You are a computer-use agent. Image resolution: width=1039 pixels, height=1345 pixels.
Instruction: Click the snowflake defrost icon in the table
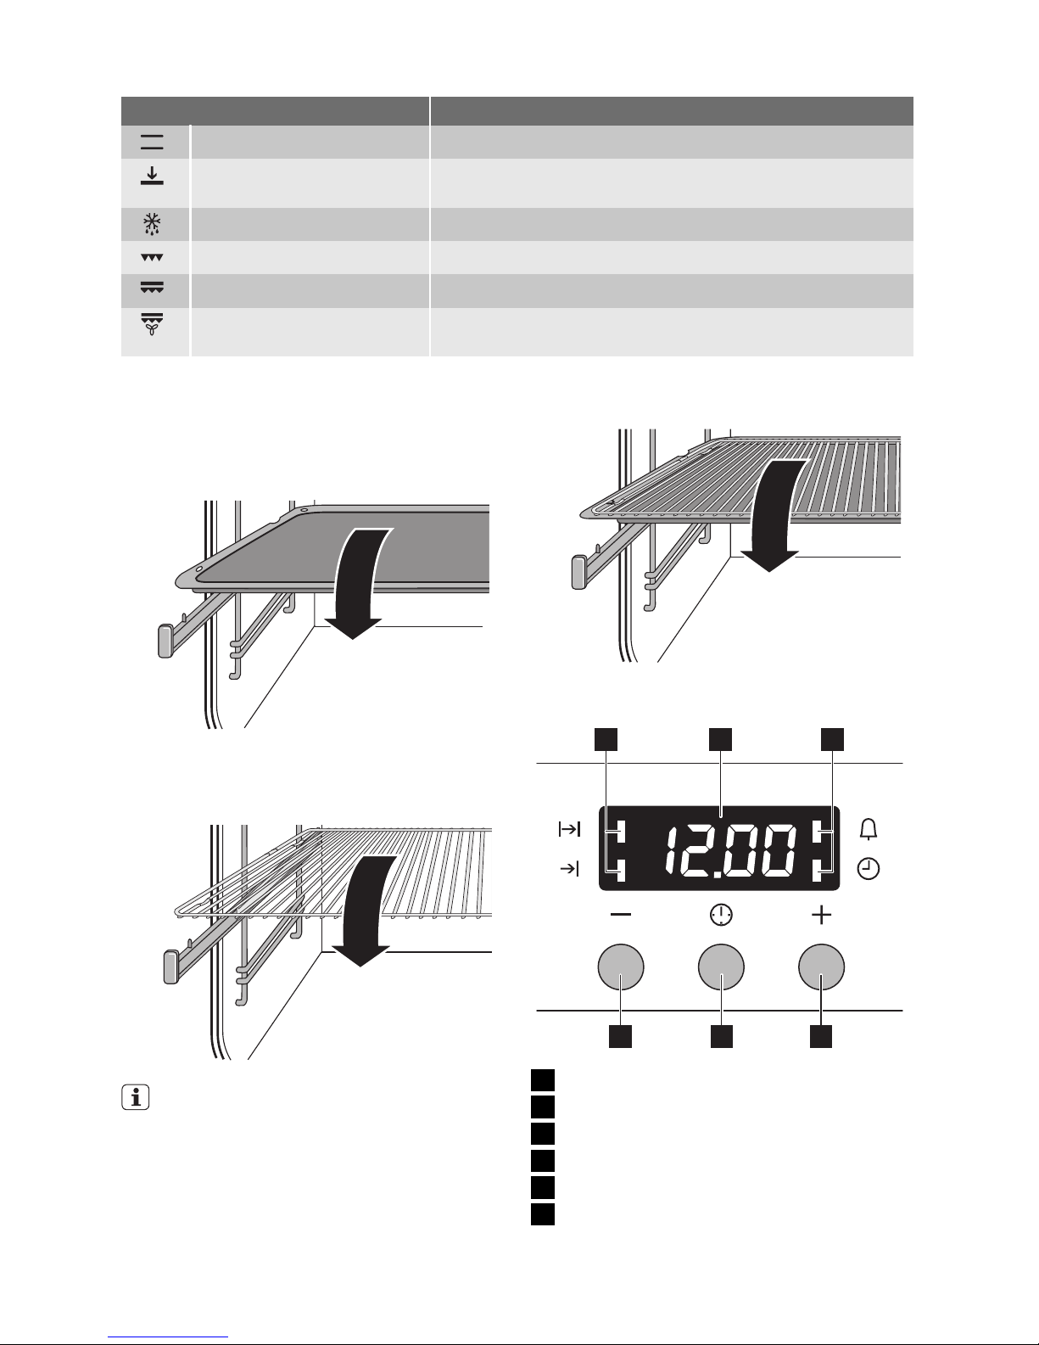pos(152,224)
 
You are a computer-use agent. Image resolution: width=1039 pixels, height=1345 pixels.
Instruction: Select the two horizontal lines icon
pos(152,142)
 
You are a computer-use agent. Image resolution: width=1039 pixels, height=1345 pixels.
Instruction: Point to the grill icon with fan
pos(152,323)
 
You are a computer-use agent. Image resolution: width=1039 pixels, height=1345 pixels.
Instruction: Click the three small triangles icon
pos(152,257)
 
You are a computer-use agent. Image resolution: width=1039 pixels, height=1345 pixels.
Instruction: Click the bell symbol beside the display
pos(869,829)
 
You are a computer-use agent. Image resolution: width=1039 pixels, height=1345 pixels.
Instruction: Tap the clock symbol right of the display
pos(869,869)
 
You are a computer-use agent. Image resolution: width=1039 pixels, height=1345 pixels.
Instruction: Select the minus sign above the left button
pos(620,915)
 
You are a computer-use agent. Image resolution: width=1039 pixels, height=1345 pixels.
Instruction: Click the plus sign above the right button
pos(821,915)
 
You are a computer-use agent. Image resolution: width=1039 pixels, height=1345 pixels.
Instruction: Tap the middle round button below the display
pos(721,967)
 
